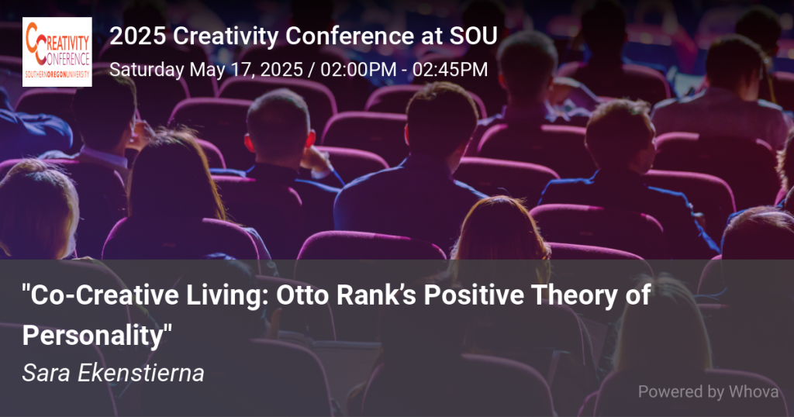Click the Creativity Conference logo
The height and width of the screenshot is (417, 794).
(x=57, y=52)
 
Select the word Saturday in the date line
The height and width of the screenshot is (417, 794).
(x=147, y=70)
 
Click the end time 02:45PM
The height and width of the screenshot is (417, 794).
(x=450, y=69)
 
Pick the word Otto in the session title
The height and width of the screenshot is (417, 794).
(x=302, y=295)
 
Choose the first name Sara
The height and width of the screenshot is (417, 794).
(x=47, y=374)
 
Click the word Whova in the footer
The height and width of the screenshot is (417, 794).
(x=754, y=391)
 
